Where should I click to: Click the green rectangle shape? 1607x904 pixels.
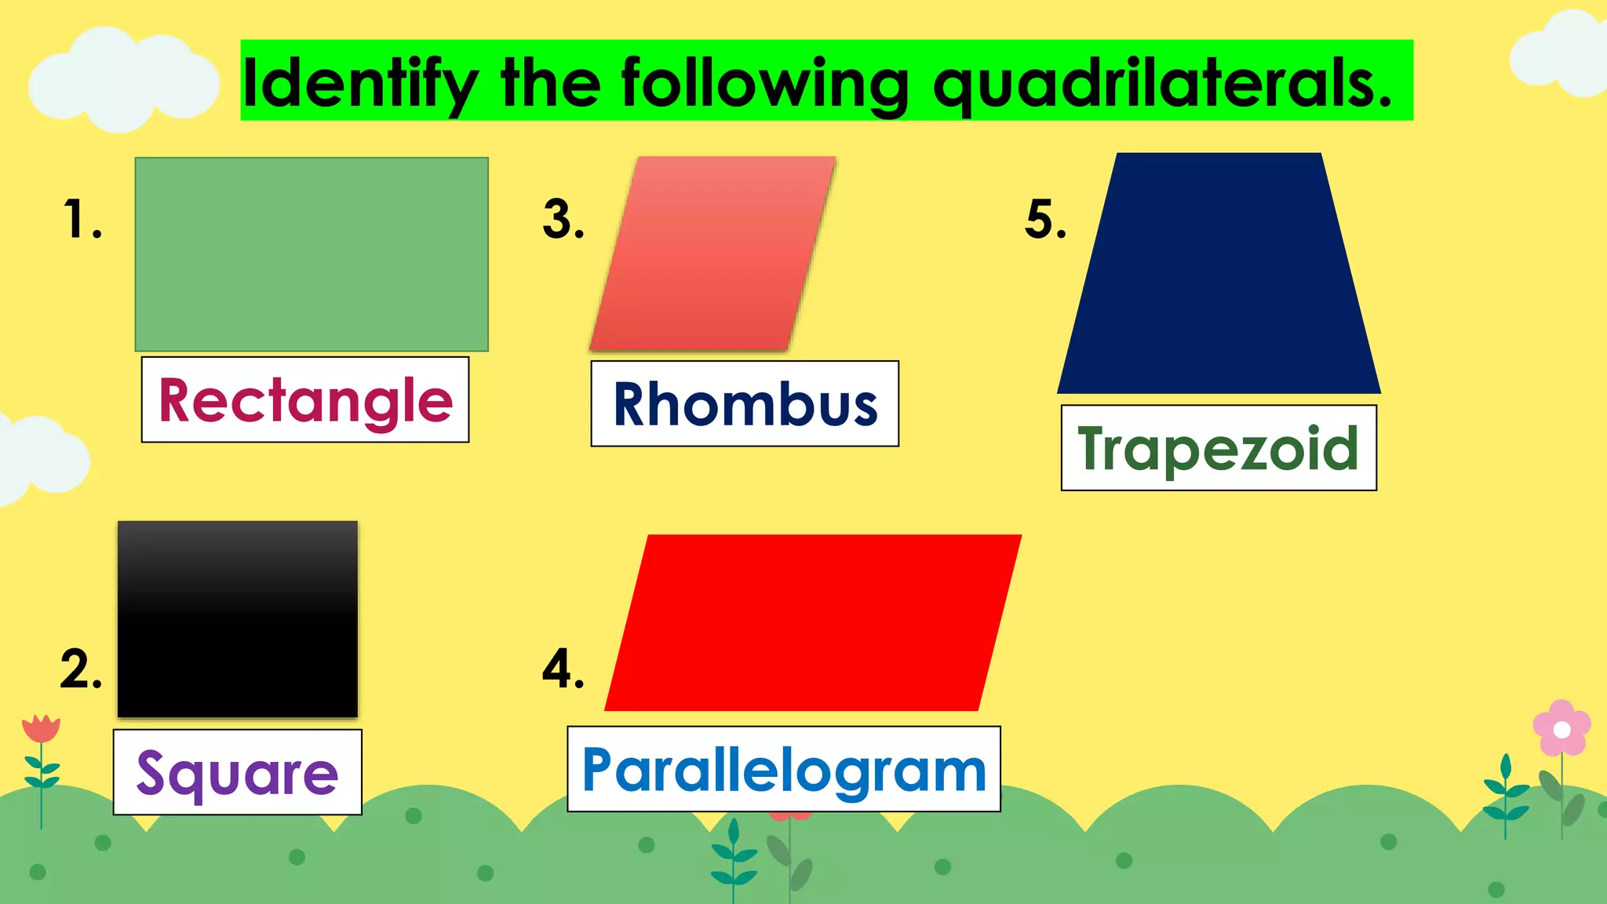[x=312, y=254]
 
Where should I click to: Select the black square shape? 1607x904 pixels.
[x=238, y=619]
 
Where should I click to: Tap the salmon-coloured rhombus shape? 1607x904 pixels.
[x=712, y=253]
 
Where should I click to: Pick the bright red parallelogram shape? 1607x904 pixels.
[x=813, y=623]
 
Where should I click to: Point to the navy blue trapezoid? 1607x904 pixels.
[x=1219, y=275]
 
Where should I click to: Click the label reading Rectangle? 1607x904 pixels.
[x=305, y=400]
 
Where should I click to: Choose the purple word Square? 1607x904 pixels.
[x=237, y=773]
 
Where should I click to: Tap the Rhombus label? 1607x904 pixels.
[x=745, y=405]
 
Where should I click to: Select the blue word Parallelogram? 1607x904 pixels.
[x=784, y=770]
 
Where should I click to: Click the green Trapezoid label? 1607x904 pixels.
[x=1218, y=449]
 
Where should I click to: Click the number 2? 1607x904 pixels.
[x=80, y=669]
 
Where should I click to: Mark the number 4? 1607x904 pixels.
[x=563, y=669]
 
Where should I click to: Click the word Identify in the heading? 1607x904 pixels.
[x=360, y=83]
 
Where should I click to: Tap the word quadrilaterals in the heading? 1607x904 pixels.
[x=1161, y=83]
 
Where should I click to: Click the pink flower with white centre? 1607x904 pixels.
[x=1561, y=729]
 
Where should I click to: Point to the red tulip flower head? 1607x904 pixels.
[x=41, y=728]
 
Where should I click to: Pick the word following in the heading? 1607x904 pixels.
[x=765, y=83]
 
